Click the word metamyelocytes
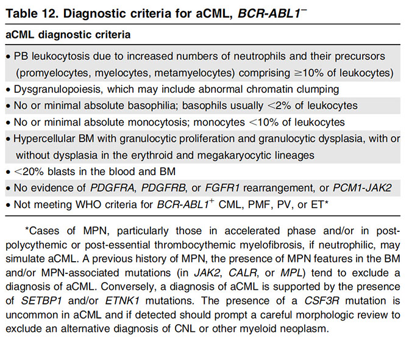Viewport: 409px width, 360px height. (x=191, y=72)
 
